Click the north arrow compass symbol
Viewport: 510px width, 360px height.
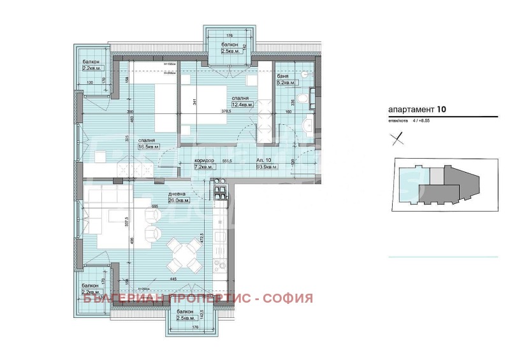pyautogui.click(x=398, y=138)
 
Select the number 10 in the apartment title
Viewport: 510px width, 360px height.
pyautogui.click(x=442, y=109)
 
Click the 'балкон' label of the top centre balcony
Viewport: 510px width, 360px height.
pyautogui.click(x=230, y=44)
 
